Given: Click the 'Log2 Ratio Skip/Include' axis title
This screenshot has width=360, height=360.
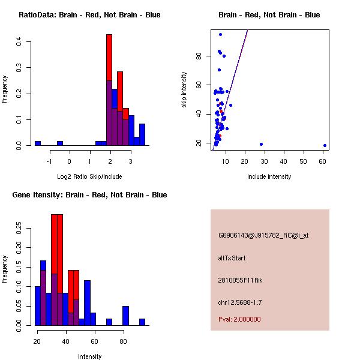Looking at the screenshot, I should point(89,176).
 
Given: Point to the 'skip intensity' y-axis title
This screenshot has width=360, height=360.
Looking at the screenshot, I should point(184,90).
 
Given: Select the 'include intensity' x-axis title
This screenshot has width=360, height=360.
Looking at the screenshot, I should point(269,176).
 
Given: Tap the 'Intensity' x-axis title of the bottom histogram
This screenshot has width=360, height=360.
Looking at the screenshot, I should point(89,356).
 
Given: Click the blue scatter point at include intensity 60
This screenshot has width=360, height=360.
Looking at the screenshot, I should point(325,145).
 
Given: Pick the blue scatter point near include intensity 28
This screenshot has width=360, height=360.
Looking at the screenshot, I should point(261,144).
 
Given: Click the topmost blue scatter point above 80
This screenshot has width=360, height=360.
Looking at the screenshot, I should point(220,34).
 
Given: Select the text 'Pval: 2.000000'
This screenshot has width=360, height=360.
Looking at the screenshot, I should point(239,319).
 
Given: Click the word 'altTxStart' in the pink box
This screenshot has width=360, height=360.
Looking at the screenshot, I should point(232,258).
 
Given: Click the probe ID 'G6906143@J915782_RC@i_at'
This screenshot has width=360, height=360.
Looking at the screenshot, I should point(263,236).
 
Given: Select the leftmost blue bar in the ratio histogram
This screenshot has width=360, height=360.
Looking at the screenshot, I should point(38,143).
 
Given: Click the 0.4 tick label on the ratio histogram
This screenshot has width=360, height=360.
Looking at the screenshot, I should point(19,41).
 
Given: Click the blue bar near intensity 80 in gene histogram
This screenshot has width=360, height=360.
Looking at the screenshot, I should point(126,316).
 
